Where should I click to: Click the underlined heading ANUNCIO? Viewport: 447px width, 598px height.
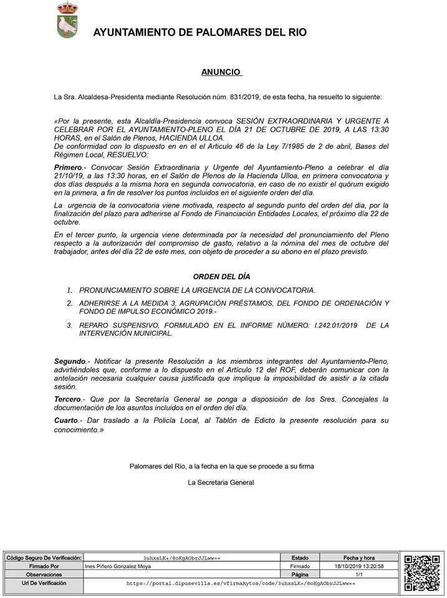point(221,72)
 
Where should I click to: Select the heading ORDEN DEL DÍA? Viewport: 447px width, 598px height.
point(221,277)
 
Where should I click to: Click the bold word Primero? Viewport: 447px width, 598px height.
point(68,168)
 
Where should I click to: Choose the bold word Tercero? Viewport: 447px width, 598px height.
point(67,399)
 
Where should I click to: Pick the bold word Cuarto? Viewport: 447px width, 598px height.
point(66,421)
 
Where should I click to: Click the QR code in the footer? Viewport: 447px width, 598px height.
point(421,572)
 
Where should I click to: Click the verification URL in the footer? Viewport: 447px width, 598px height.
point(240,584)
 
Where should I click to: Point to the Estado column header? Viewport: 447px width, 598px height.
point(299,558)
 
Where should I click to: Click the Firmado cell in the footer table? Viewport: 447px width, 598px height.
point(299,566)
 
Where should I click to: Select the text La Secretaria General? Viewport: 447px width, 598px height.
point(221,482)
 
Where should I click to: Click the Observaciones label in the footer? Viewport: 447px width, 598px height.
point(43,575)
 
